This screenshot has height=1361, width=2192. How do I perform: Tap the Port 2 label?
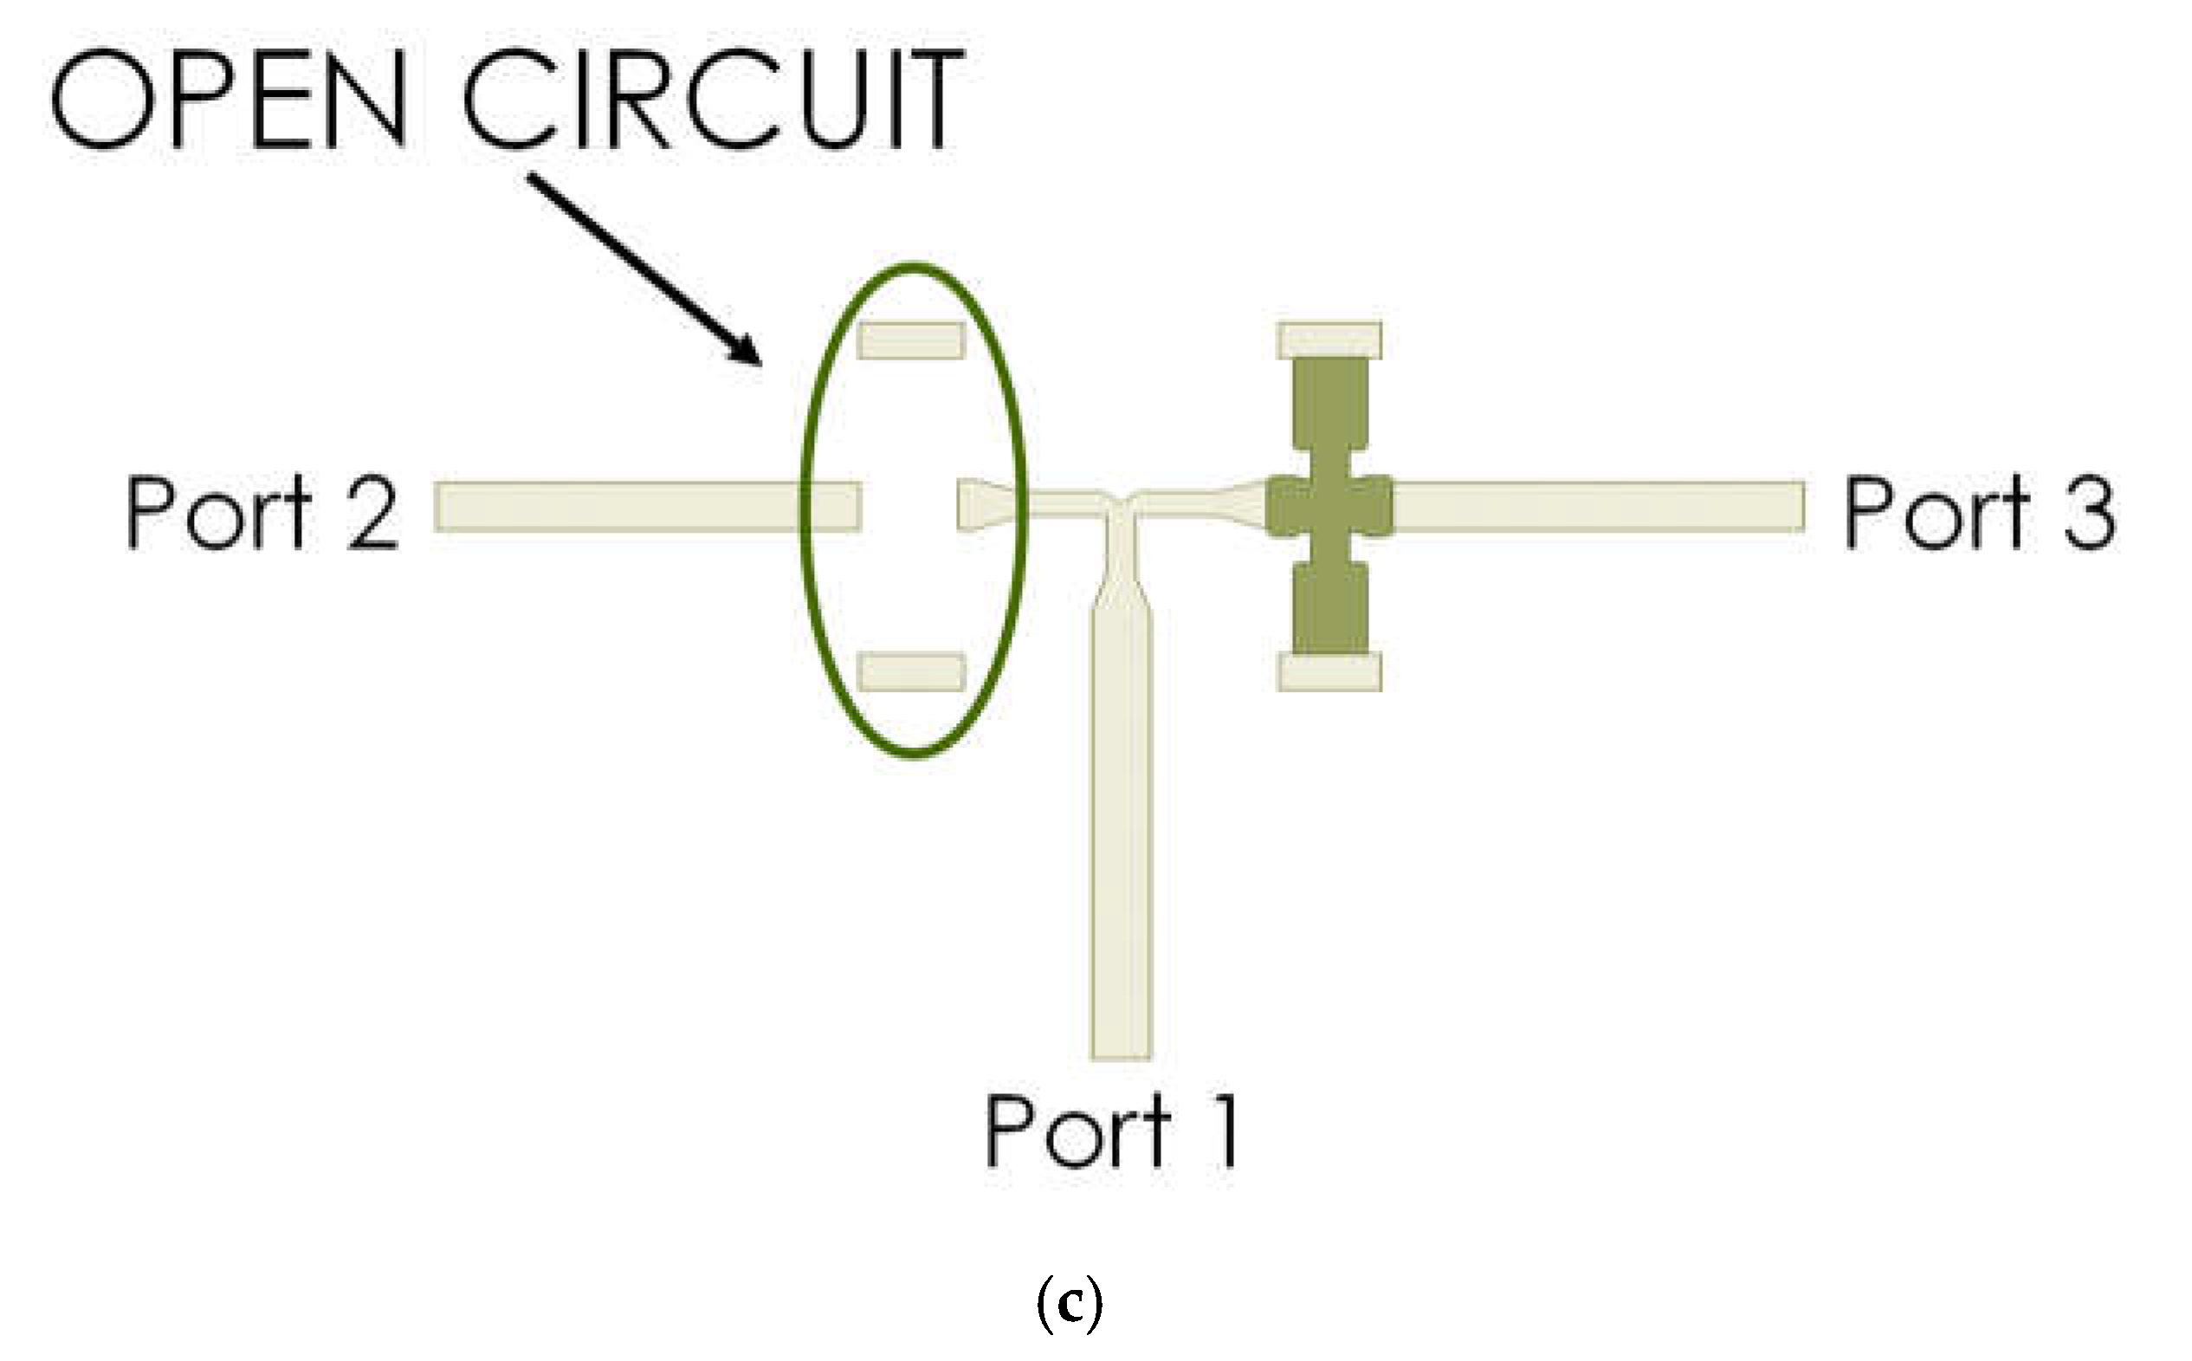tap(262, 510)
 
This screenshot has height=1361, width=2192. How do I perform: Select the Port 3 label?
tap(1980, 510)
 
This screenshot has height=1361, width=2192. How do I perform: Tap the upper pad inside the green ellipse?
tap(910, 340)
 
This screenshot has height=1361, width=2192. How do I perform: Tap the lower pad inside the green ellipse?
tap(910, 672)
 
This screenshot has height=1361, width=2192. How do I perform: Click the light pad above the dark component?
tap(1329, 340)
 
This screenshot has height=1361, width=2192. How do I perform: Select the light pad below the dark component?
tap(1329, 672)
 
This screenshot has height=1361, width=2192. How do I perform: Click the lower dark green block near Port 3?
tap(1330, 608)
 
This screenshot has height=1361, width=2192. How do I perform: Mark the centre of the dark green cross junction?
tap(1330, 507)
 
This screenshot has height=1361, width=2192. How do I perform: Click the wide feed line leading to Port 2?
tap(647, 507)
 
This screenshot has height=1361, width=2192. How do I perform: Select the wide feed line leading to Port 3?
tap(1598, 507)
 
